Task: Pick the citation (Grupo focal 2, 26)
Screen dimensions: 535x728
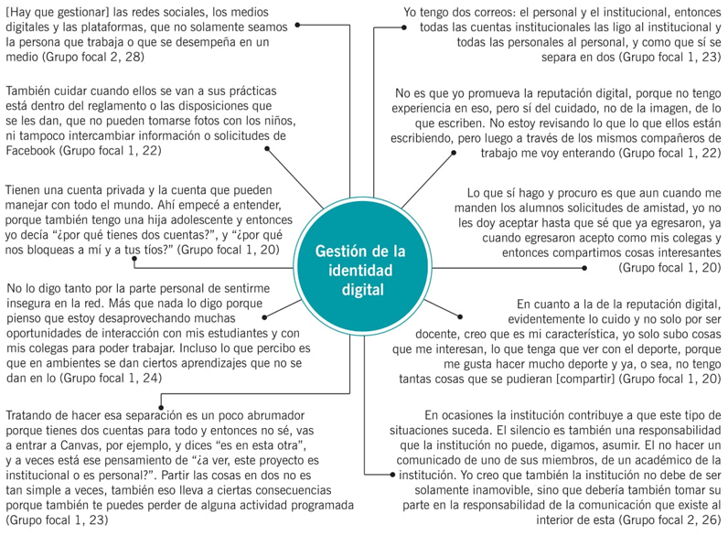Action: (x=663, y=519)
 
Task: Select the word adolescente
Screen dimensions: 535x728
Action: (x=209, y=219)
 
